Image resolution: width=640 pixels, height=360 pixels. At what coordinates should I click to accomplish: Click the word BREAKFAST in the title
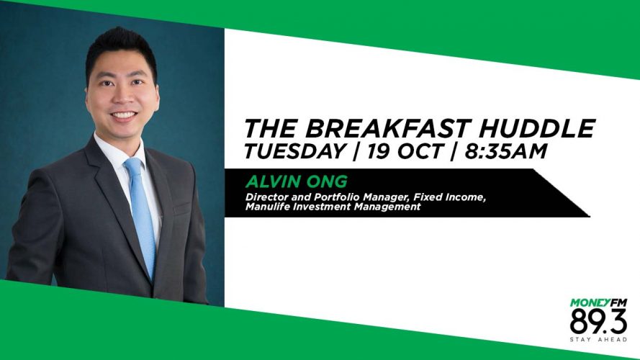tap(386, 128)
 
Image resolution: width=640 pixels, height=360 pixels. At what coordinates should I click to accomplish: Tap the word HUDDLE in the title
tap(538, 128)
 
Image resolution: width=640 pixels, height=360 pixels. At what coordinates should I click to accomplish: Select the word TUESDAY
tap(294, 151)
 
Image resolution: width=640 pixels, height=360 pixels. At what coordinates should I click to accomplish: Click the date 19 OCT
tap(404, 151)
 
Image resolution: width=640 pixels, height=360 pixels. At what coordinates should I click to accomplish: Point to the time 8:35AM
tap(505, 151)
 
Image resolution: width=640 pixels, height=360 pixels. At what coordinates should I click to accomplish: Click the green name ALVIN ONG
tap(297, 181)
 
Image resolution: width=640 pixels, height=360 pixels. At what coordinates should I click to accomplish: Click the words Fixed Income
tap(449, 197)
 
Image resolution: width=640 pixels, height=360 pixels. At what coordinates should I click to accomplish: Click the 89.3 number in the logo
tap(598, 321)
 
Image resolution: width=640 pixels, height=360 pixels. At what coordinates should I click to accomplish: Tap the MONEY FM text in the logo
tap(598, 302)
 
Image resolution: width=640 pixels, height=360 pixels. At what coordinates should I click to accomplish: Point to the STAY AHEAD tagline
tap(598, 340)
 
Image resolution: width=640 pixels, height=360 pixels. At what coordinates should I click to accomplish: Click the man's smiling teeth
tap(124, 115)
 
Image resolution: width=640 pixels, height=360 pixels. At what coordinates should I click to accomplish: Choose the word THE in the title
tap(270, 128)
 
